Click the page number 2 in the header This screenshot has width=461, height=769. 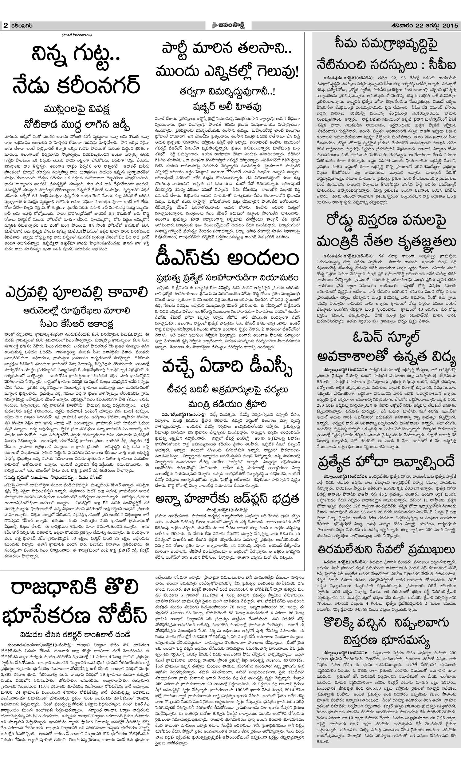pyautogui.click(x=6, y=26)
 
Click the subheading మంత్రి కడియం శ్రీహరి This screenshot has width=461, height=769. pyautogui.click(x=228, y=404)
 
